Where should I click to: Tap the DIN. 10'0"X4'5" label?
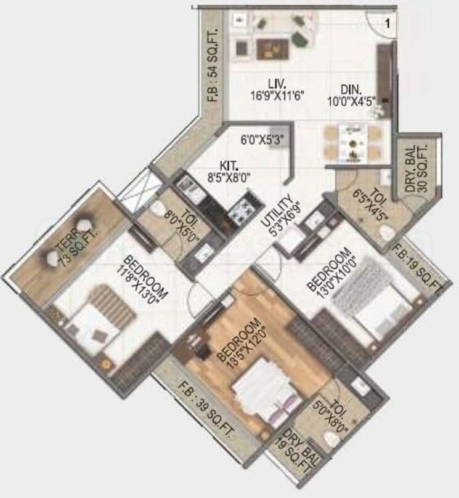coord(352,95)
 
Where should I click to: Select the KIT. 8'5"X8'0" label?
coord(229,172)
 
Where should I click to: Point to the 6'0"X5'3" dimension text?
coord(262,140)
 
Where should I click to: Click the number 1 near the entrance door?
coord(388,23)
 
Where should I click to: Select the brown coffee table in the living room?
coord(273,49)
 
